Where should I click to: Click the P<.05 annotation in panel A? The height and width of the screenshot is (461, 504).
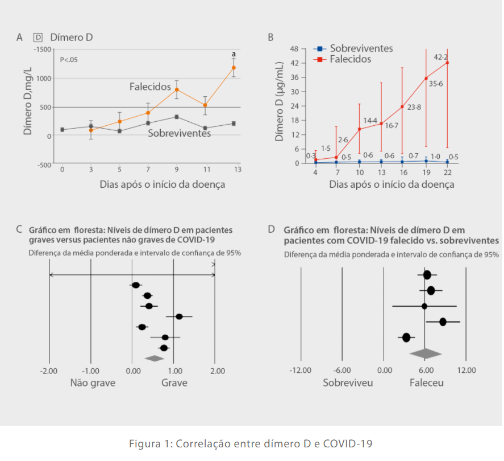click(x=69, y=60)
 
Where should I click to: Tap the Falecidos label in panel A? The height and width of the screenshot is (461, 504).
click(x=150, y=87)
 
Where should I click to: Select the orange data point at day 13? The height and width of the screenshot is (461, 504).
click(x=234, y=68)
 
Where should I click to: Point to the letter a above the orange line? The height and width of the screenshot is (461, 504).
click(x=234, y=55)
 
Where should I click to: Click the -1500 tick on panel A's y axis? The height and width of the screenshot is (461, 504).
click(x=41, y=50)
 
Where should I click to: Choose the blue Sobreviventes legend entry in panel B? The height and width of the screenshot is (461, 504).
click(x=353, y=49)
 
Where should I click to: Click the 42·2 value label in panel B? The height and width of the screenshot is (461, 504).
click(x=441, y=57)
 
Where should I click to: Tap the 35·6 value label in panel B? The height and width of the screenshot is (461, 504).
click(x=435, y=84)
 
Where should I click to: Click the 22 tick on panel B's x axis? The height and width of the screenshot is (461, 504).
click(x=447, y=172)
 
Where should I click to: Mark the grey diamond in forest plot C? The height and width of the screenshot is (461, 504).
click(x=154, y=358)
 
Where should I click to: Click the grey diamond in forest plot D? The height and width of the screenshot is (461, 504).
click(x=426, y=353)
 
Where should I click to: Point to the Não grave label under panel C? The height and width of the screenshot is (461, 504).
click(x=93, y=382)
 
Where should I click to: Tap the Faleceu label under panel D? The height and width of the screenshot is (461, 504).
click(x=427, y=382)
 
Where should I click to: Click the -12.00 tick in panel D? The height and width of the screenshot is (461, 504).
click(x=301, y=371)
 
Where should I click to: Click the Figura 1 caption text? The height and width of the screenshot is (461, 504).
click(x=251, y=444)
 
